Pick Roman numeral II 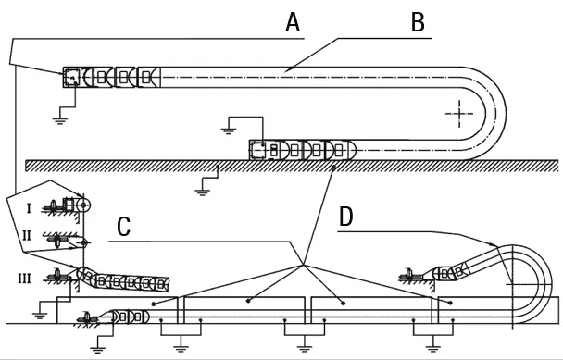(x=29, y=236)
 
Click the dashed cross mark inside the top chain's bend (x=457, y=114)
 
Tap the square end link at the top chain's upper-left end (x=70, y=78)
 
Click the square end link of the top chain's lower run (x=258, y=149)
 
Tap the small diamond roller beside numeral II (x=84, y=242)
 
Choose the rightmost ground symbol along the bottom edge (x=432, y=347)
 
